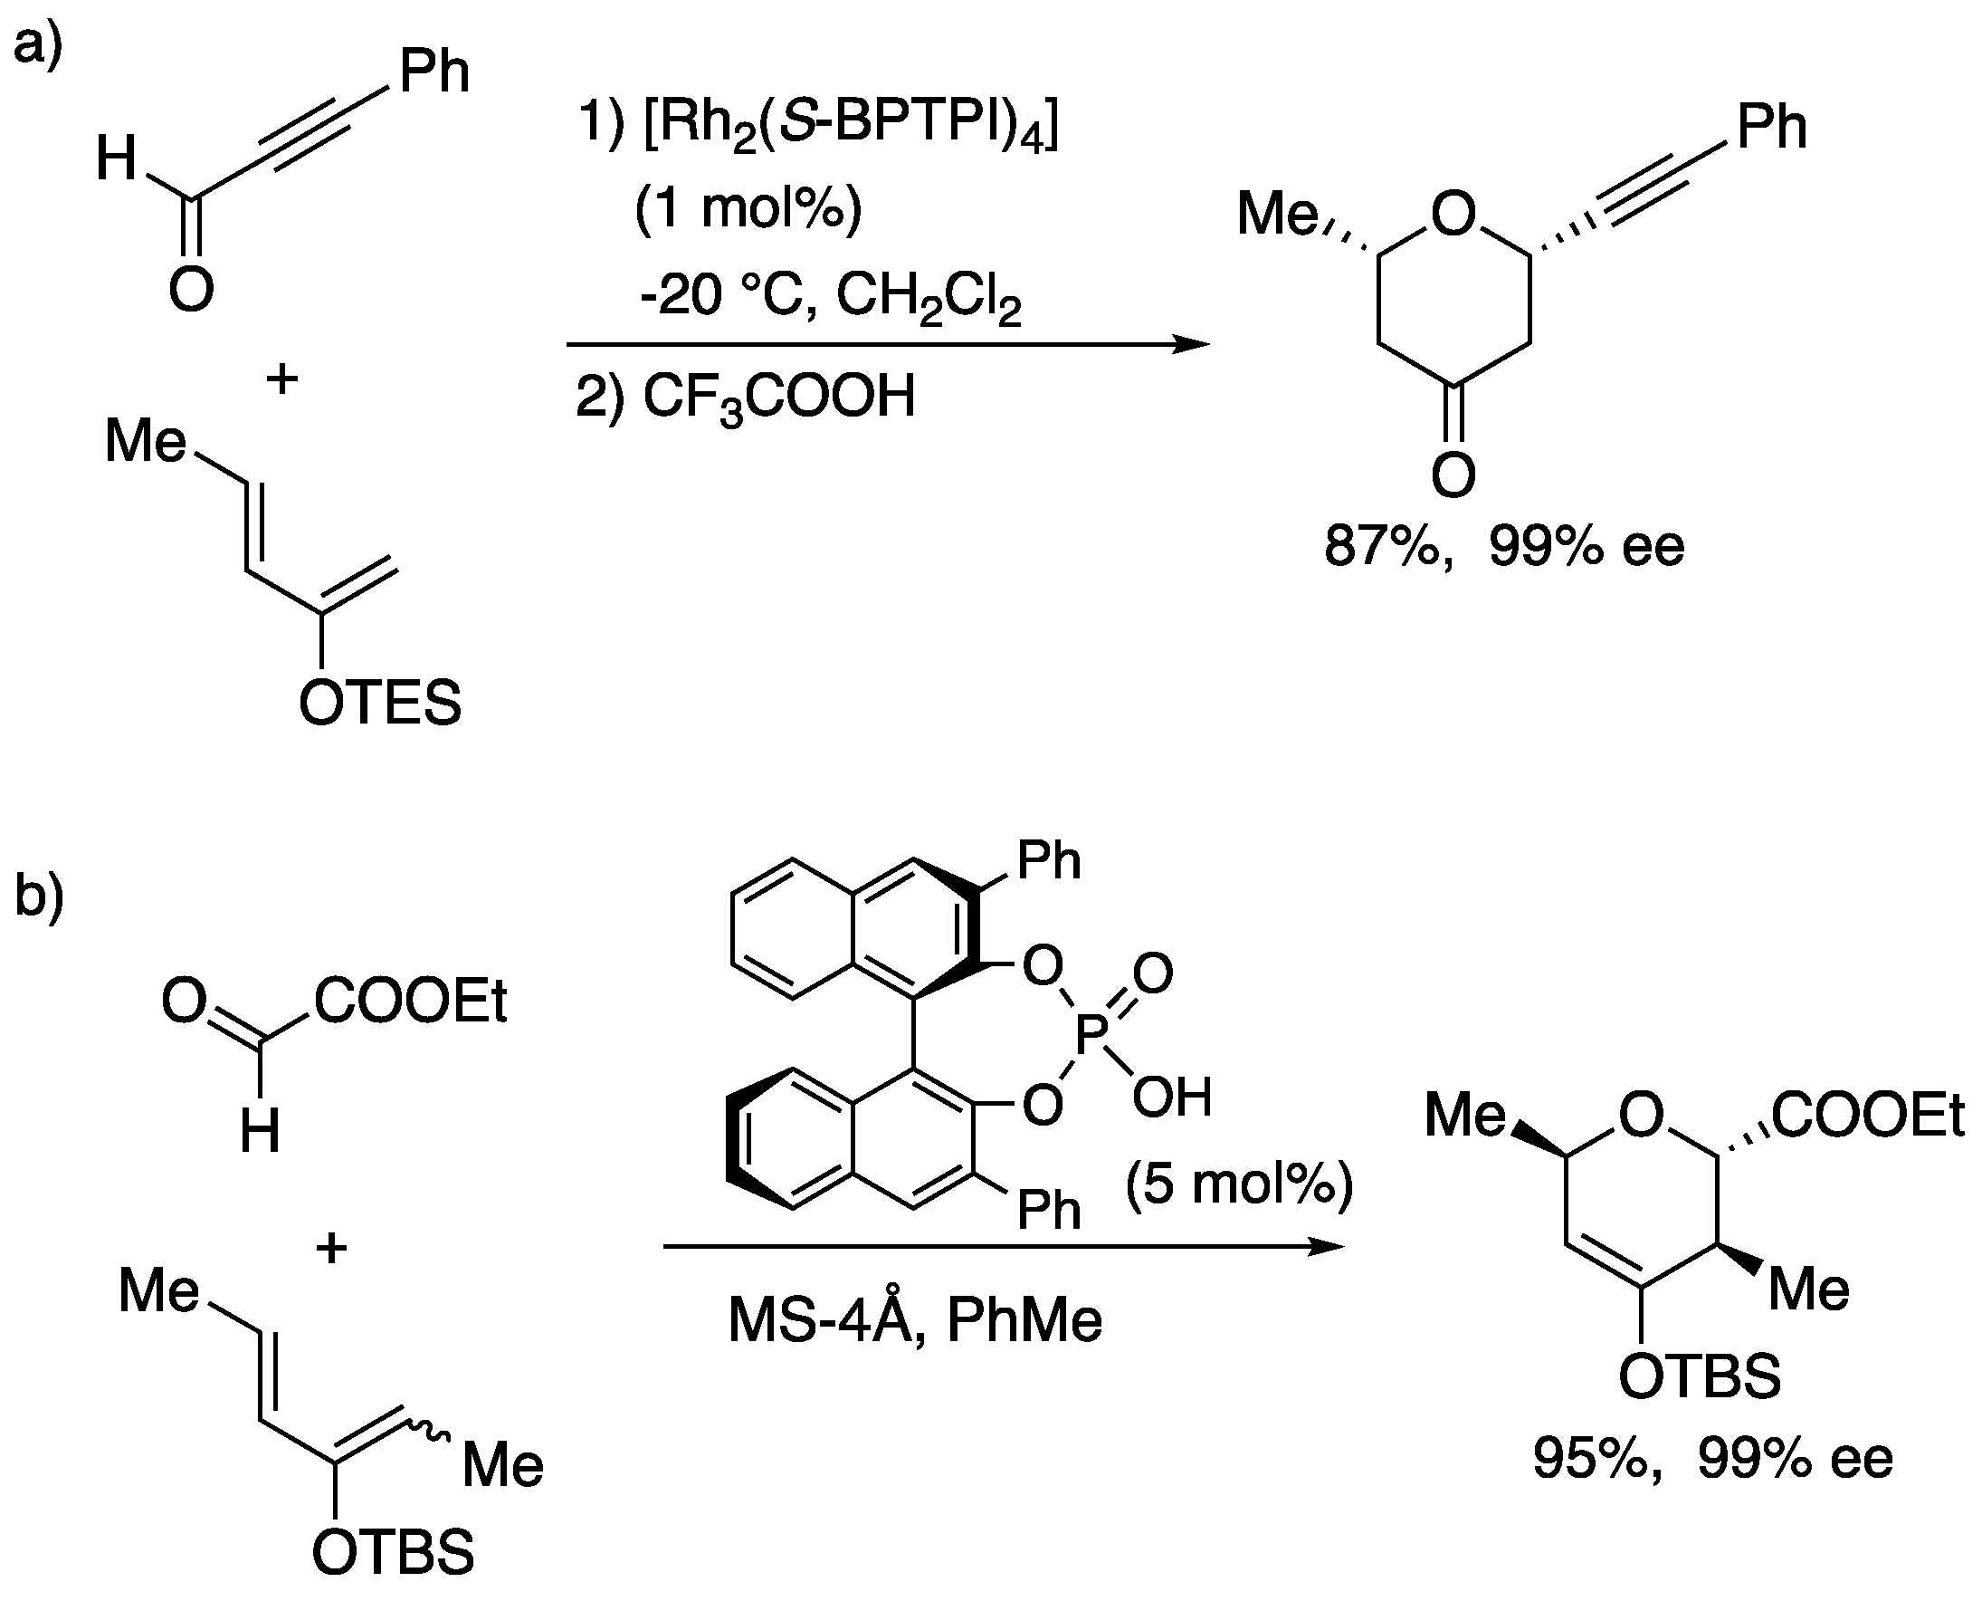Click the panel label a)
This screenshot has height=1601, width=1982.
click(x=37, y=42)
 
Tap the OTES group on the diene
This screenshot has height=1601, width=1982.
click(x=380, y=704)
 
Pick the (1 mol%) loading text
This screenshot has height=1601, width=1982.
click(x=748, y=208)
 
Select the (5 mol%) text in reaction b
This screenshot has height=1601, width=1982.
click(x=1239, y=1184)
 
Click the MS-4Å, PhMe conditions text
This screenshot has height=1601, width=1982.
click(x=914, y=1320)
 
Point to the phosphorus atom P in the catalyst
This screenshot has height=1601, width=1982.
click(x=1091, y=1035)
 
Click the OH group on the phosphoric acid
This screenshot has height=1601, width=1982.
click(x=1172, y=1097)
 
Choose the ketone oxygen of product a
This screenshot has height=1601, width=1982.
click(x=1453, y=475)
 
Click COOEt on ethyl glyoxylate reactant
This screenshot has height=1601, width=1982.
click(x=410, y=1002)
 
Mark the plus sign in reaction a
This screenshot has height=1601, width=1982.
click(x=282, y=379)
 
